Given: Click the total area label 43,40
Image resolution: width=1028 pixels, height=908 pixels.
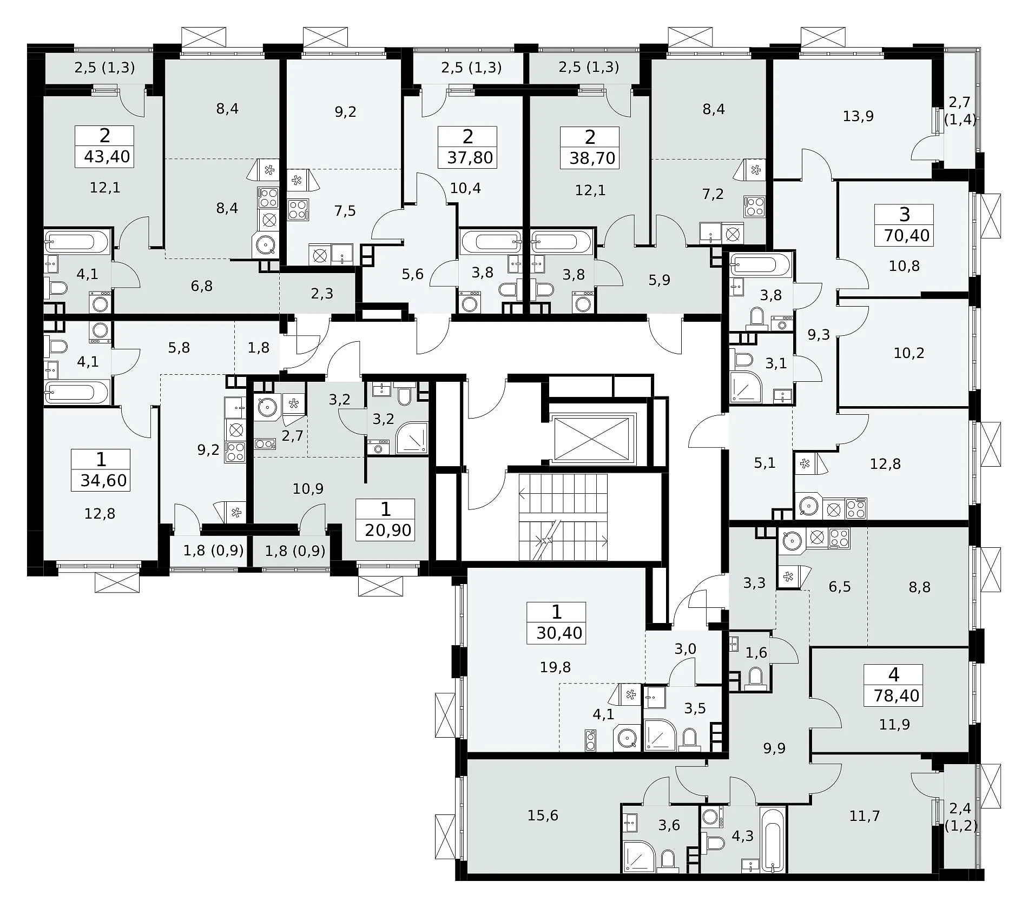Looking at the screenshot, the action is pyautogui.click(x=107, y=157).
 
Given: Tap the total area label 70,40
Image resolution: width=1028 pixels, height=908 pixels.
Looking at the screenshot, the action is pyautogui.click(x=907, y=235).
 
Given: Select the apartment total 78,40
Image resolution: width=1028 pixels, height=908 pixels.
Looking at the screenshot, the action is pyautogui.click(x=897, y=695).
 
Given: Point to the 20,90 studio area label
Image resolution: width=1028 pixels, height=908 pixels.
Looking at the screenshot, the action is pyautogui.click(x=388, y=530).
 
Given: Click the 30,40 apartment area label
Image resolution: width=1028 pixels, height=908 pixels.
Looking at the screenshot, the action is pyautogui.click(x=559, y=633).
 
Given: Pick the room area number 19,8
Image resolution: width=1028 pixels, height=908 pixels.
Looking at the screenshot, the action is pyautogui.click(x=555, y=667).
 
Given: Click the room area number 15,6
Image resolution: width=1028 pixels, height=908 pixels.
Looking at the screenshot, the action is pyautogui.click(x=543, y=816).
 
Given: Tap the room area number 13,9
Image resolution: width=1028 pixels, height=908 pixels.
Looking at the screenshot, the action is pyautogui.click(x=859, y=116).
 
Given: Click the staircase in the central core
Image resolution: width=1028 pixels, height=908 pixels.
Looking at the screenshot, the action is pyautogui.click(x=563, y=518).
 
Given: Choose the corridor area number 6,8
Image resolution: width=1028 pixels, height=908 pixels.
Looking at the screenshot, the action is pyautogui.click(x=201, y=286).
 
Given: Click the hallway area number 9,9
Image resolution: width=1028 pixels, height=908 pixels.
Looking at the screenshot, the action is pyautogui.click(x=774, y=748).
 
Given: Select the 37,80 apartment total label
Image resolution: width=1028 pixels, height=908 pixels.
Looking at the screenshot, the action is pyautogui.click(x=470, y=158).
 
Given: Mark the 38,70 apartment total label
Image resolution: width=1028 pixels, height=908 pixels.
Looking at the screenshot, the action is pyautogui.click(x=592, y=158).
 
